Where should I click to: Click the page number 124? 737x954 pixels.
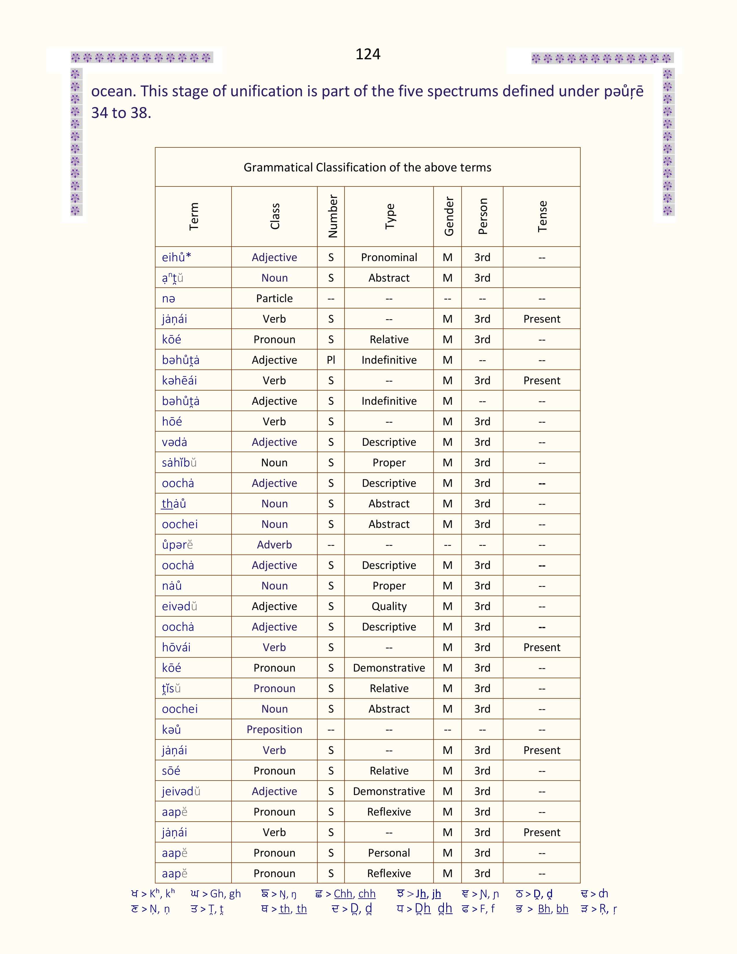pyautogui.click(x=368, y=54)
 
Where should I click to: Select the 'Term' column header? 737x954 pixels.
pyautogui.click(x=193, y=216)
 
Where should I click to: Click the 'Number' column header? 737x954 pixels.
pyautogui.click(x=333, y=216)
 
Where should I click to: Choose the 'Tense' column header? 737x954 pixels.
pyautogui.click(x=542, y=216)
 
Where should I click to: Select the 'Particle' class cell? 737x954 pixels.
pyautogui.click(x=274, y=298)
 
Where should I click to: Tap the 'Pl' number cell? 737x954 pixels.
pyautogui.click(x=331, y=360)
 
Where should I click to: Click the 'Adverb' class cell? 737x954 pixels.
pyautogui.click(x=274, y=545)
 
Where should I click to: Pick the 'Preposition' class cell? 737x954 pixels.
pyautogui.click(x=274, y=729)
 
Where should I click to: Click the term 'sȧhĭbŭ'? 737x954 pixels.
pyautogui.click(x=179, y=463)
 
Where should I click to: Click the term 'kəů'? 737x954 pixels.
pyautogui.click(x=171, y=729)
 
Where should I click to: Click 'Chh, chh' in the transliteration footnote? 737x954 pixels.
pyautogui.click(x=355, y=894)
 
